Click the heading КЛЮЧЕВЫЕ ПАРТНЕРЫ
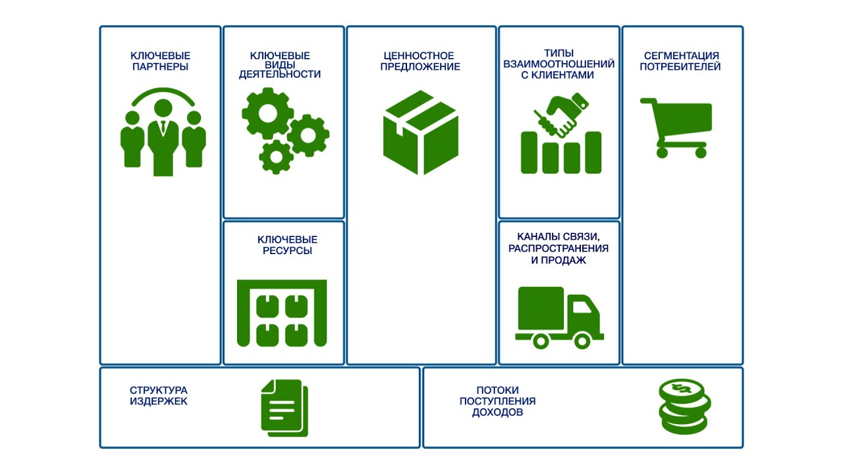tap(160, 61)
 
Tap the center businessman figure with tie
tap(163, 138)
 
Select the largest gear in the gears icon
tap(267, 113)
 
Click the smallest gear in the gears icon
tap(276, 157)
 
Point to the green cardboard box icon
tap(421, 132)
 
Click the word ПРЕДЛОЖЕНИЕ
tap(420, 67)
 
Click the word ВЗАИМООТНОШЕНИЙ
tap(559, 65)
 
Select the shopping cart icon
tap(676, 128)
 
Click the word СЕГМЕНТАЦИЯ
tap(682, 56)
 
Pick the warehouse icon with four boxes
tap(282, 313)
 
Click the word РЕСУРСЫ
tap(287, 251)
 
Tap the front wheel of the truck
tap(582, 341)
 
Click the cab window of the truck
tap(582, 307)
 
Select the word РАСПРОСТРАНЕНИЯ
tap(558, 248)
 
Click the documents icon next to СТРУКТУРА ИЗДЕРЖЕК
tap(285, 408)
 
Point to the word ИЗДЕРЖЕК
tap(159, 402)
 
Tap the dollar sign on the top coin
tap(682, 388)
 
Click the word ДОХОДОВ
tap(497, 412)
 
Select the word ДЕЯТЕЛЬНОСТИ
tap(280, 74)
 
